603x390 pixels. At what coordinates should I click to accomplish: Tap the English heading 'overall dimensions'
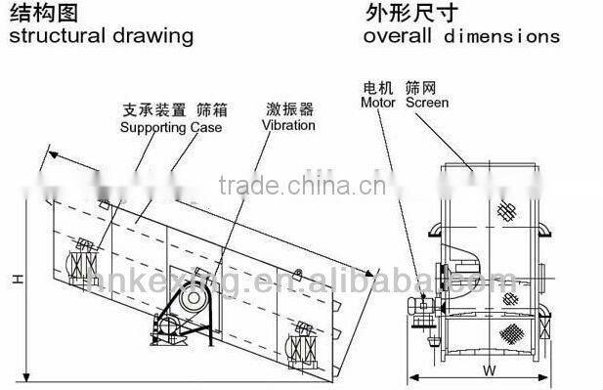point(461,36)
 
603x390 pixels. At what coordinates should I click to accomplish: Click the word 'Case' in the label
point(206,127)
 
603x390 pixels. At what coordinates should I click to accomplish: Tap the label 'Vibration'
point(289,125)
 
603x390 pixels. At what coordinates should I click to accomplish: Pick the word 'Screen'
point(427,102)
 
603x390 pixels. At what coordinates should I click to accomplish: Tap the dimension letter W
point(490,369)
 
